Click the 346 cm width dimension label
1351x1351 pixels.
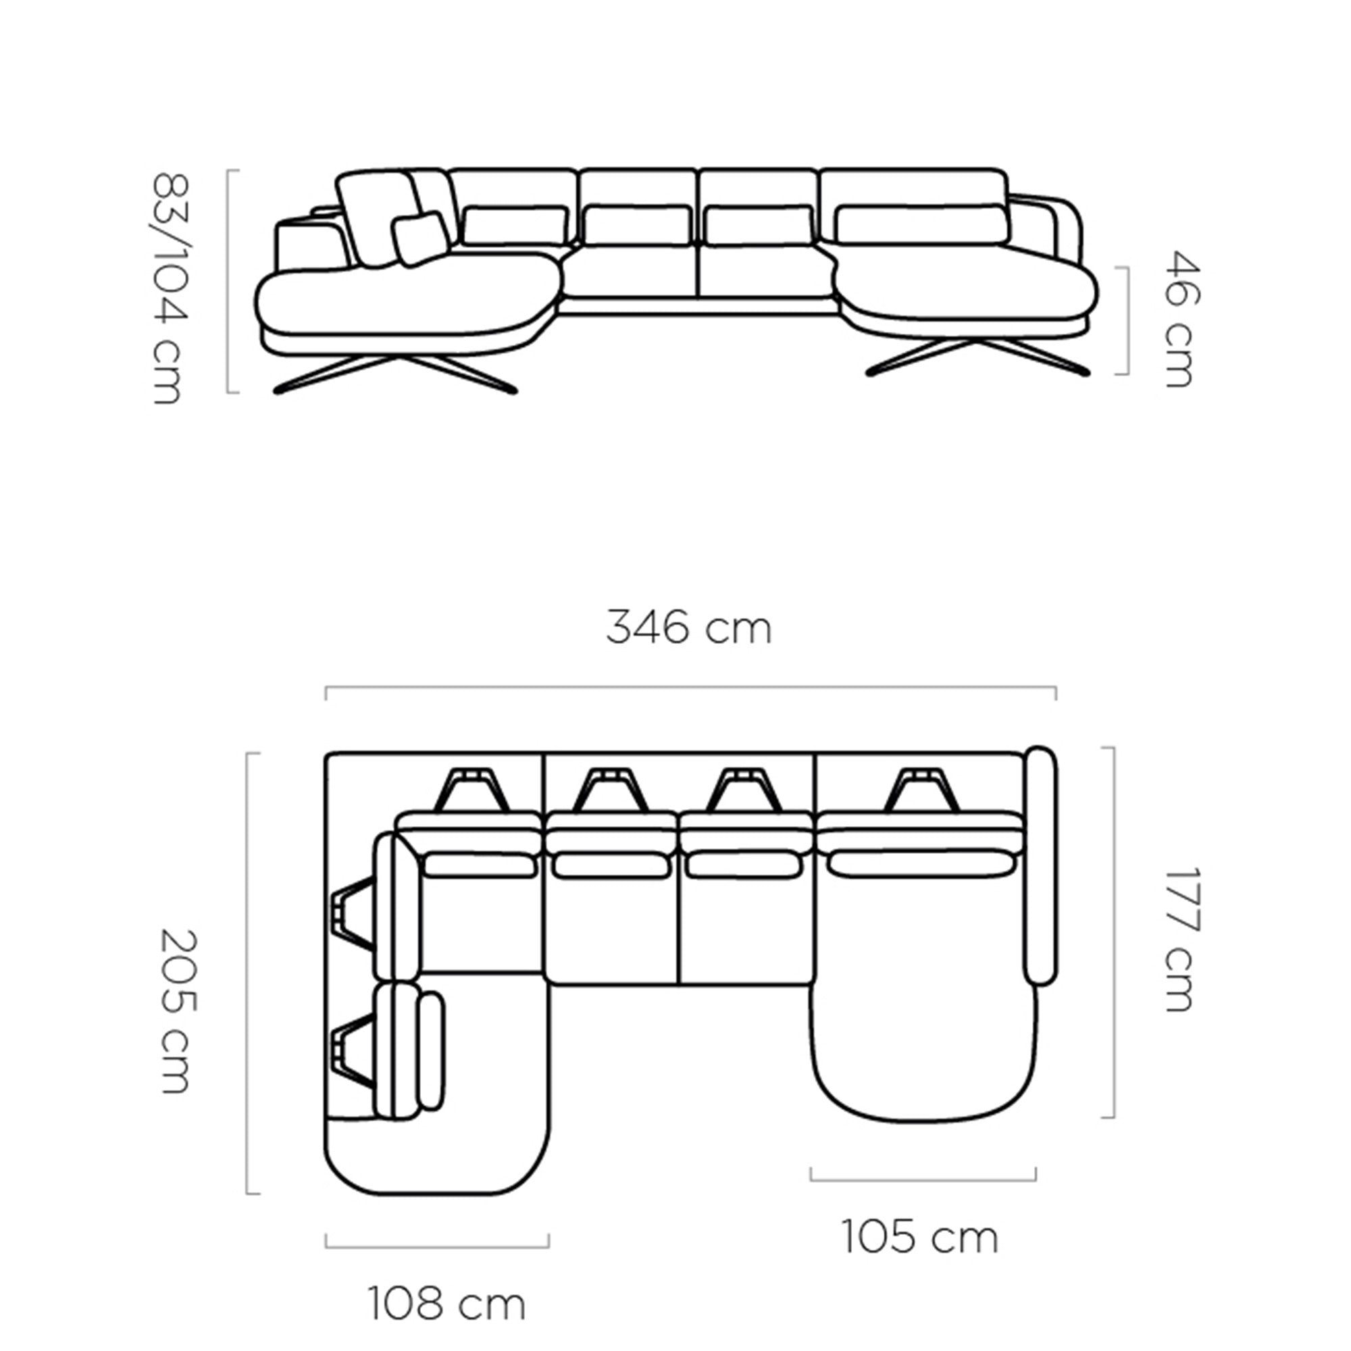click(x=689, y=628)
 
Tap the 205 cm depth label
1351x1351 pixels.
click(x=175, y=1012)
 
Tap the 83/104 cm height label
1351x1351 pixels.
click(x=170, y=288)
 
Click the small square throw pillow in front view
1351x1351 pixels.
click(x=420, y=238)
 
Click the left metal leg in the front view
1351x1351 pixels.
click(x=396, y=374)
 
